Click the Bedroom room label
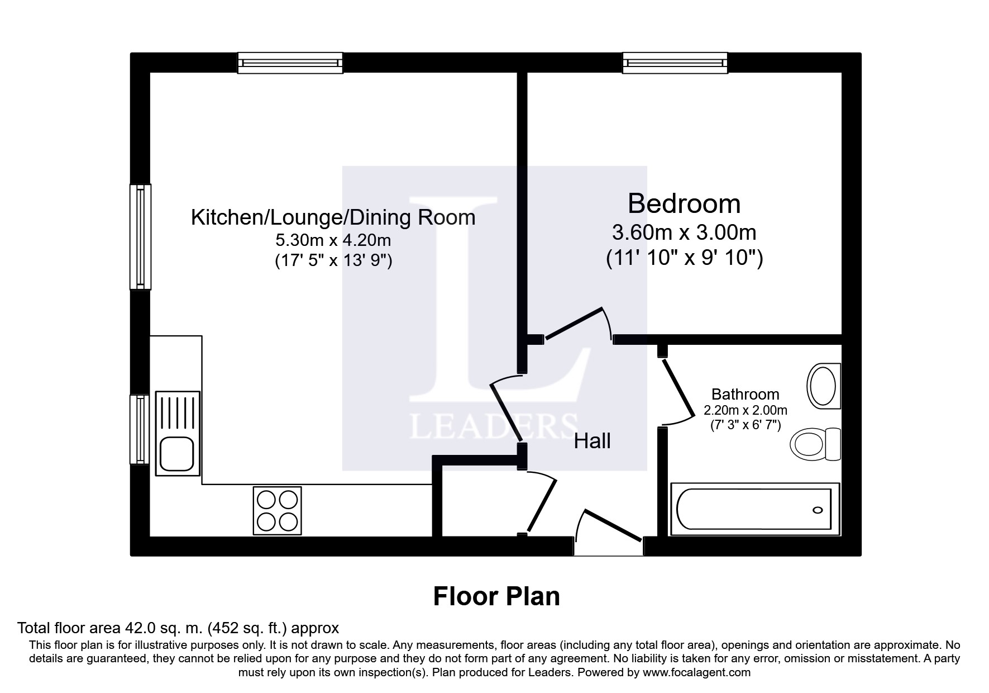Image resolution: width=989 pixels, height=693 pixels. pos(684,204)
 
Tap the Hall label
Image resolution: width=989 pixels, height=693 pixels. pos(593,442)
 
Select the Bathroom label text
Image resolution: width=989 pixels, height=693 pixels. pos(745,395)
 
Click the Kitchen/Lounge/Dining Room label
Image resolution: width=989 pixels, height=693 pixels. pos(333,217)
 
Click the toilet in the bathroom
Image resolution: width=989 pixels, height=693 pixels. pos(815,445)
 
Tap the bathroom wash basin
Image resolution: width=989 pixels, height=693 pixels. pos(824,385)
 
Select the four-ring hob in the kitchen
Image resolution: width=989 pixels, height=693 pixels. pos(278,510)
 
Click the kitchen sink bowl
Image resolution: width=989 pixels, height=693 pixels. pos(176,453)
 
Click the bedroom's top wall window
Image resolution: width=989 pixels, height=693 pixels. pos(675,63)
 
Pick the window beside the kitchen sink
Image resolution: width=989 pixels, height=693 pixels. pos(140,429)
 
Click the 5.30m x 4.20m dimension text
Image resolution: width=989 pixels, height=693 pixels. pos(333,241)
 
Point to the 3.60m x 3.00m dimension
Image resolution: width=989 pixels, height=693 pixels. pos(684,231)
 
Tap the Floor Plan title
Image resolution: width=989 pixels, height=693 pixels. pos(496,596)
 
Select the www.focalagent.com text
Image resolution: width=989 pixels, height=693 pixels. pos(696,672)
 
